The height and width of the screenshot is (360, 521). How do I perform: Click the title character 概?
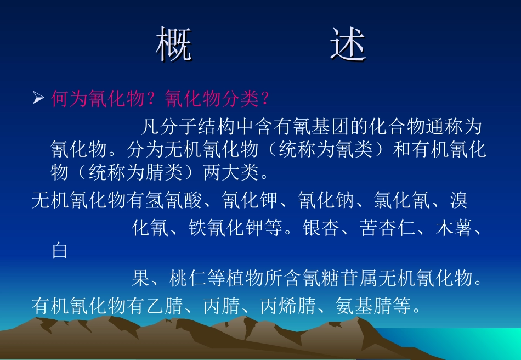pyautogui.click(x=174, y=44)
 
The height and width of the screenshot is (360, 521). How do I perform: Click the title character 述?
pyautogui.click(x=348, y=44)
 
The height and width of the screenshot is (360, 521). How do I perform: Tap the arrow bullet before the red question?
pyautogui.click(x=38, y=98)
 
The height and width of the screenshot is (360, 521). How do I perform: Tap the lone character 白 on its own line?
pyautogui.click(x=59, y=251)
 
